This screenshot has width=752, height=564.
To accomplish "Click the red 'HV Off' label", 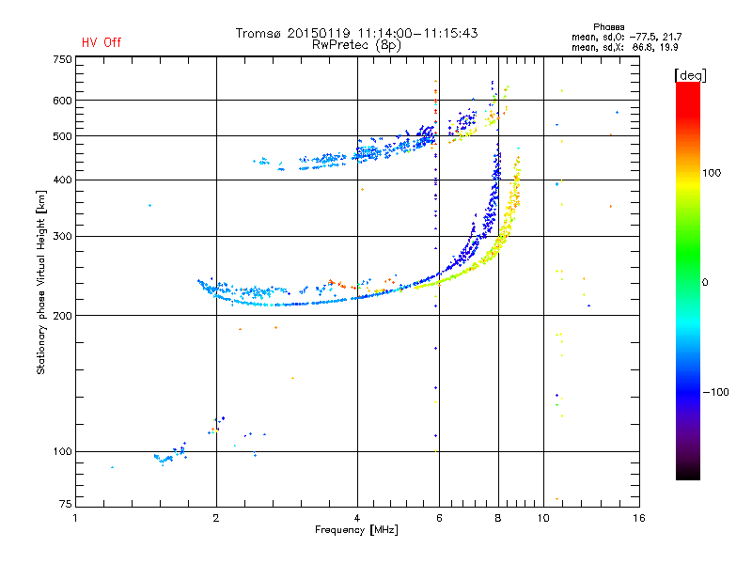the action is (x=102, y=42).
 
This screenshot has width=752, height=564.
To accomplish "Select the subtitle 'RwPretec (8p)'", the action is (x=356, y=45).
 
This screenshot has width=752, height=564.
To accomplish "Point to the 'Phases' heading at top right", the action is (x=608, y=27).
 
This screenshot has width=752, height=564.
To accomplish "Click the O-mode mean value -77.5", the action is (x=640, y=37).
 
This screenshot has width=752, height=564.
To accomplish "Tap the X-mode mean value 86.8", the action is (x=642, y=47).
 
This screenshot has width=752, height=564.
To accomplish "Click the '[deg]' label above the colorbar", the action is (x=690, y=75).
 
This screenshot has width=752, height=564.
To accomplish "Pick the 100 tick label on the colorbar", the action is (x=712, y=173).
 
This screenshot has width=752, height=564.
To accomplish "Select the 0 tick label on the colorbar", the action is (x=705, y=282).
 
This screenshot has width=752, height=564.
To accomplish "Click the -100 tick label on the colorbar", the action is (x=715, y=392).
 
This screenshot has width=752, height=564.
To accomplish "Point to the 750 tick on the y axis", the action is (x=63, y=59).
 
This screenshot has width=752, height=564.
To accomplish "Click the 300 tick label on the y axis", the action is (x=63, y=236).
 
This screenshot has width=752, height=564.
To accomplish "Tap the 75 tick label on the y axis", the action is (x=66, y=504).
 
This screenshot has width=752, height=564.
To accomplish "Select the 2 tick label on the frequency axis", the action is (x=216, y=518).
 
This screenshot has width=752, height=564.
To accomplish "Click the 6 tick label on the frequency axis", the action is (x=439, y=518).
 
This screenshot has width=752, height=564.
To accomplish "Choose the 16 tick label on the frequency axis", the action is (x=639, y=518).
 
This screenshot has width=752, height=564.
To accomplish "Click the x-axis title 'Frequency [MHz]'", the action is (x=356, y=530).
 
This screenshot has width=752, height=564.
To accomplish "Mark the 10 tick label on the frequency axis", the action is (x=543, y=518).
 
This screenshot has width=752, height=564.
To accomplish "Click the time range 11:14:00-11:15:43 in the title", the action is (x=417, y=33).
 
